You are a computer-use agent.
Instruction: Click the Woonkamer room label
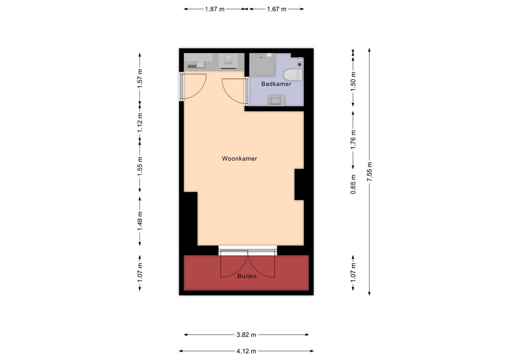239,158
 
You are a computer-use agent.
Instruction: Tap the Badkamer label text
276,84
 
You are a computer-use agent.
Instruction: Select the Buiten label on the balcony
247,276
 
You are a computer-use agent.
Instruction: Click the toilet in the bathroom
293,74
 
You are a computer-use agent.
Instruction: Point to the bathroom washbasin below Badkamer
276,100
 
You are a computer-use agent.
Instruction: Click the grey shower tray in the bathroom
262,65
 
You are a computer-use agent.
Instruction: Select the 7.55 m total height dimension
369,172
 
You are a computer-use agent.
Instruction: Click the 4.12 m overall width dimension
246,351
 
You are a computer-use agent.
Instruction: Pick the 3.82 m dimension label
246,335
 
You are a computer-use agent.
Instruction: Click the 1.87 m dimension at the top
215,9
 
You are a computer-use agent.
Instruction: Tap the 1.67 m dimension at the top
276,9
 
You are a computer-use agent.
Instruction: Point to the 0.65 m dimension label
353,184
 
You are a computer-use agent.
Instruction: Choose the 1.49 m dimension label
139,221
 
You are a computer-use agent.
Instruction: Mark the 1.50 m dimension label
353,78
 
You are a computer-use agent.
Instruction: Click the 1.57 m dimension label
139,78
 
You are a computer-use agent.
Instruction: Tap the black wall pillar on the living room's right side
299,184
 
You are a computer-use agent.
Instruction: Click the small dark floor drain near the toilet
300,64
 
